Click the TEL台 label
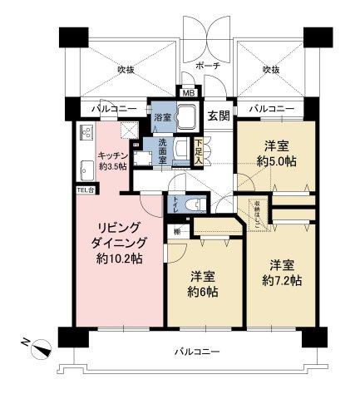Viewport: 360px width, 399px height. [86, 190]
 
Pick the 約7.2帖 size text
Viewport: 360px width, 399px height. [282, 279]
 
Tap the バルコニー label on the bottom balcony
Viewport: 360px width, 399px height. [197, 352]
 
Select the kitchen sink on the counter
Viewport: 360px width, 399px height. [86, 170]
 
